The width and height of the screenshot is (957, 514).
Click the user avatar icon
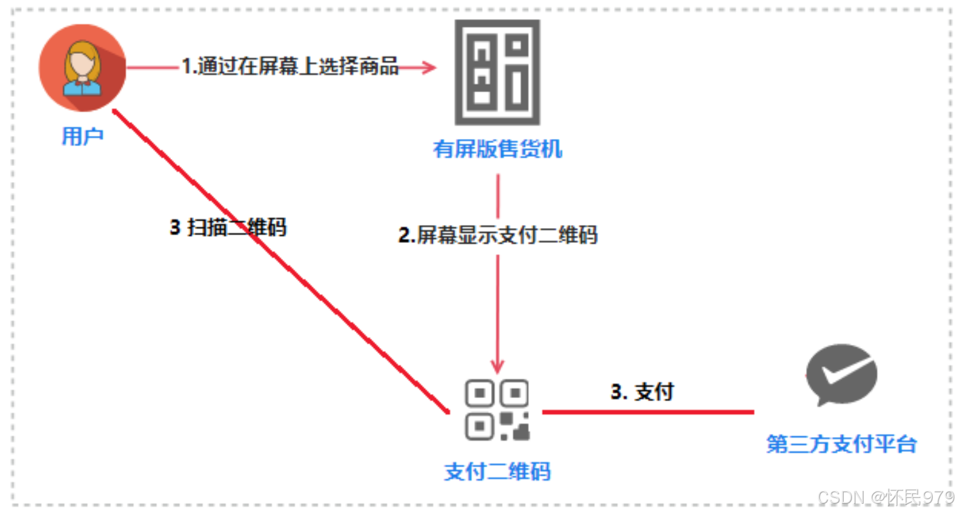click(x=83, y=69)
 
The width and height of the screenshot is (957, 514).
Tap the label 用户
click(x=83, y=136)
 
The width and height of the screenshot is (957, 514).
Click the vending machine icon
click(x=497, y=72)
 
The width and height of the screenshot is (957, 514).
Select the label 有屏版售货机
click(x=497, y=150)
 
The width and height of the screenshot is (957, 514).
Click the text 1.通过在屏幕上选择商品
click(x=290, y=67)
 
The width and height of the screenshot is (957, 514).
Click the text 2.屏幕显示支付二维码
click(x=497, y=235)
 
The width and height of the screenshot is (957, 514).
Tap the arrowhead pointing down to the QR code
click(x=497, y=366)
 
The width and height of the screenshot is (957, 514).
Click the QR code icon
click(x=497, y=410)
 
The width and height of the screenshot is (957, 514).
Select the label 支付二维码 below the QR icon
click(x=497, y=472)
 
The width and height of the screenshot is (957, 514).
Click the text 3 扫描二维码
click(x=228, y=228)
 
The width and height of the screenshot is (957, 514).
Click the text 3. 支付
click(x=642, y=392)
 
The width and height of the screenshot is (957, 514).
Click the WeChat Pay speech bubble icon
click(x=841, y=375)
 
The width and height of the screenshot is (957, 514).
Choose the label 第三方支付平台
click(x=841, y=444)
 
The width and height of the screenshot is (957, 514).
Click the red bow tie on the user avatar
click(x=82, y=82)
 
